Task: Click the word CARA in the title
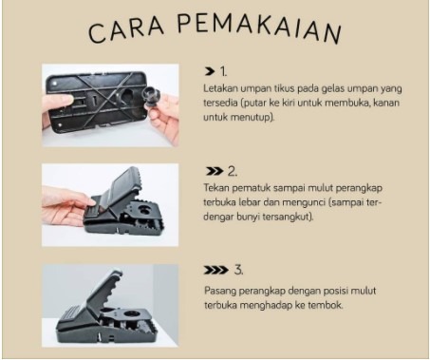tap(126, 30)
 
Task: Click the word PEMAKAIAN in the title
tap(259, 28)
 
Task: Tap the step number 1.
tap(223, 71)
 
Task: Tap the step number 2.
tap(233, 171)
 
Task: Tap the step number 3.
tap(238, 270)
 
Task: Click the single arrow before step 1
tap(210, 71)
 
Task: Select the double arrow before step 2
tap(215, 171)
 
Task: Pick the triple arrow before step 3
tap(215, 270)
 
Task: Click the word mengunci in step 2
tap(303, 202)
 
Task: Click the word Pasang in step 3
tap(219, 291)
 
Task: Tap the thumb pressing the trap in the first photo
tap(58, 102)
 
